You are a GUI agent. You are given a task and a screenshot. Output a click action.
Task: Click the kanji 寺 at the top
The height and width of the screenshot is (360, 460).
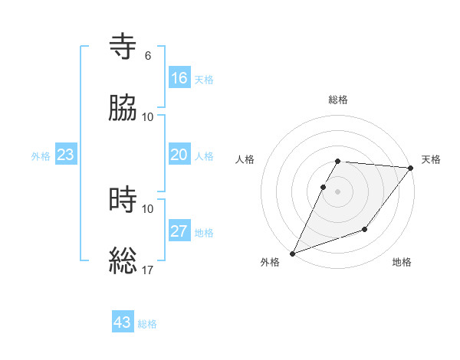tap(124, 47)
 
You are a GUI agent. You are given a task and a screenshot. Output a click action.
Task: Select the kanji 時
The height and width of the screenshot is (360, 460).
tap(124, 200)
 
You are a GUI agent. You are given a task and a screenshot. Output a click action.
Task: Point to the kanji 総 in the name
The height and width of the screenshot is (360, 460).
tap(124, 261)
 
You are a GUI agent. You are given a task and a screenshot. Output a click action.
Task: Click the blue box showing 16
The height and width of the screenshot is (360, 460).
tap(179, 78)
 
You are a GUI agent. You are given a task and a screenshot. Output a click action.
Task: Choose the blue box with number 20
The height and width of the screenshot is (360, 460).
tap(179, 155)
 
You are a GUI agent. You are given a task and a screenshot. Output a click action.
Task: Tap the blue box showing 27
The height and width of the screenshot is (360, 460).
tap(179, 231)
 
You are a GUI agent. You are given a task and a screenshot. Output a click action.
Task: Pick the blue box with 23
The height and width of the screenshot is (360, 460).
tap(66, 155)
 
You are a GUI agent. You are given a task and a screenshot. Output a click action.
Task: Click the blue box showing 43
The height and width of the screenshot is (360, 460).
tap(123, 322)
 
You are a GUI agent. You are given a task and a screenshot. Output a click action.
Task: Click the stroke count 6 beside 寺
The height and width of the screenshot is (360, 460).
tap(148, 55)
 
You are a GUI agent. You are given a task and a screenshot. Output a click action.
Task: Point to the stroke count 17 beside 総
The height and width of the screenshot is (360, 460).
tap(148, 270)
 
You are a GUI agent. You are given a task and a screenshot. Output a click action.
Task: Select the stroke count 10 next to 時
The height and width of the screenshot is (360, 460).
tap(148, 208)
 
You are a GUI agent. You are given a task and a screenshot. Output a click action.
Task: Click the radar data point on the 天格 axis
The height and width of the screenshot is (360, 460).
tap(410, 169)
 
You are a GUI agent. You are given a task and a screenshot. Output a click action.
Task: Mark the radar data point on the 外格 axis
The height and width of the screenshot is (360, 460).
tap(292, 254)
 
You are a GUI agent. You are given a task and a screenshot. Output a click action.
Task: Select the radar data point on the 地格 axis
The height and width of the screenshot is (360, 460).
tap(365, 229)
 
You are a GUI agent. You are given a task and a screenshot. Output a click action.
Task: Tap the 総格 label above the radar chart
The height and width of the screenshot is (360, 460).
tap(338, 100)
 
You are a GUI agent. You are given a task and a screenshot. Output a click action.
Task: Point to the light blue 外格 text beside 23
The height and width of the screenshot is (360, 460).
tap(41, 155)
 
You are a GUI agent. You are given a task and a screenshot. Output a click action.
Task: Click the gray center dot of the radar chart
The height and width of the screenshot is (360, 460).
tap(338, 191)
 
